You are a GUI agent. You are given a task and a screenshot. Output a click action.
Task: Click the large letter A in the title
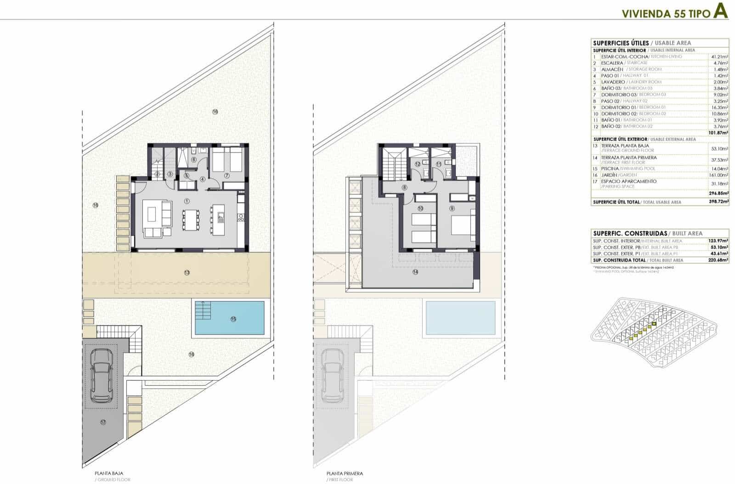[x=720, y=12]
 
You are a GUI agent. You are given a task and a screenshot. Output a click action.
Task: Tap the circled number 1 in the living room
[x=187, y=201]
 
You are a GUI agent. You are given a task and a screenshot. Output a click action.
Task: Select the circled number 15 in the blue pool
[x=233, y=319]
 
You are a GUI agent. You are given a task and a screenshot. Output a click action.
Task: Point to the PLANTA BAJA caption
[x=109, y=473]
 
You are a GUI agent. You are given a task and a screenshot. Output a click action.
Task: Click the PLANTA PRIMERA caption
[x=345, y=473]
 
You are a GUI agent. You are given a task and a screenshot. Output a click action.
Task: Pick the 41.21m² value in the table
[x=719, y=56]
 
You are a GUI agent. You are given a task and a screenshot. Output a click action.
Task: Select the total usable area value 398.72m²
[x=718, y=202]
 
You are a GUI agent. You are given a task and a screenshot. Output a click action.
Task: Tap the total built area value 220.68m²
[x=718, y=260]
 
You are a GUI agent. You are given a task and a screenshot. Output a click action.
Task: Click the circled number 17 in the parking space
[x=103, y=422]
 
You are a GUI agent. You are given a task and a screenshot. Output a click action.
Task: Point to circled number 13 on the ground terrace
[x=187, y=272]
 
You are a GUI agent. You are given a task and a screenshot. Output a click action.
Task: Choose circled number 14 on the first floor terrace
[x=415, y=272]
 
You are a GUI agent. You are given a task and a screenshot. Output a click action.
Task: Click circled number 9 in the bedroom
[x=452, y=208]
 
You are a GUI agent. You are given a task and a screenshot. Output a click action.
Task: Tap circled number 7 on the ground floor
[x=226, y=175]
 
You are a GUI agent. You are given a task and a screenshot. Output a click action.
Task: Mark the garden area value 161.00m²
[x=718, y=175]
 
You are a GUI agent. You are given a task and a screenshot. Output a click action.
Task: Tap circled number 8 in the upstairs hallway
[x=405, y=187]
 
